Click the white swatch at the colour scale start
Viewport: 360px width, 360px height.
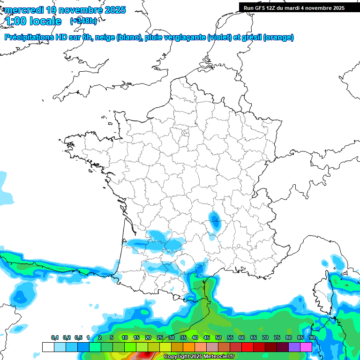[x=48, y=347]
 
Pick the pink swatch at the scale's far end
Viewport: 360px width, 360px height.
[x=307, y=347]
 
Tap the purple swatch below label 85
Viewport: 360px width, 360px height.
[x=294, y=347]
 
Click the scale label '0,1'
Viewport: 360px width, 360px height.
[x=55, y=338]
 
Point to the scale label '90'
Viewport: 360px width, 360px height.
[x=312, y=338]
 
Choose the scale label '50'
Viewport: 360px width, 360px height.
[x=218, y=338]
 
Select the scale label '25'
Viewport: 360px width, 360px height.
[x=160, y=338]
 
